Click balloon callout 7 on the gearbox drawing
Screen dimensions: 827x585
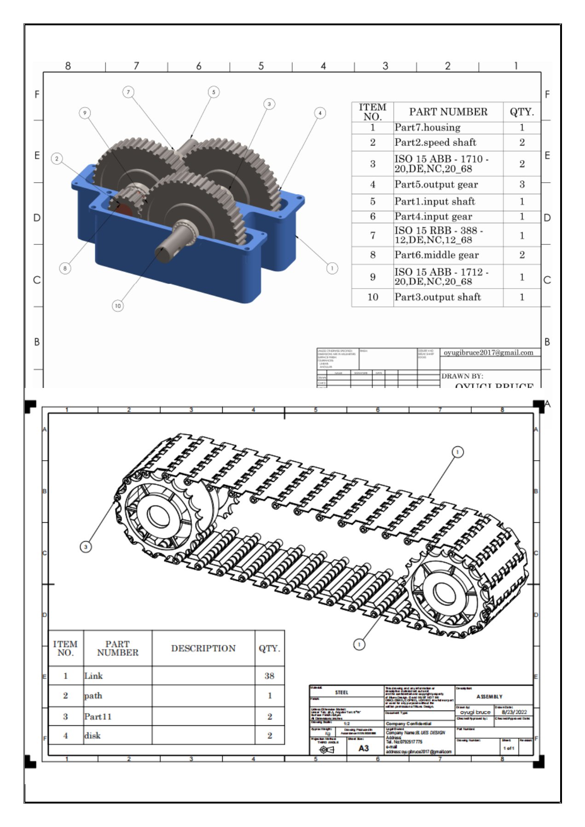point(128,92)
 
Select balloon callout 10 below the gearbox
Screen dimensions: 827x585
point(118,306)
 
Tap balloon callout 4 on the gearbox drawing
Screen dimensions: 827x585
point(320,113)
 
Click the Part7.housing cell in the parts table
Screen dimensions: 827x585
point(427,127)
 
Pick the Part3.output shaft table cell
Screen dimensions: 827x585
point(437,297)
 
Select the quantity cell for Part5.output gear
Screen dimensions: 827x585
point(521,185)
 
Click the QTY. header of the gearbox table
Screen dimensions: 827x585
point(521,112)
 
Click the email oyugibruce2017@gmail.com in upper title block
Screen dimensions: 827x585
point(488,353)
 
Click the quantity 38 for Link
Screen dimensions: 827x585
point(269,676)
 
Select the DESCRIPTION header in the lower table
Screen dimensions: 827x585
point(203,648)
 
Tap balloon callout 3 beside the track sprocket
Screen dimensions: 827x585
point(86,547)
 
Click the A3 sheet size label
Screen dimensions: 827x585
point(364,748)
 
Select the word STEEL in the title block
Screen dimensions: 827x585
point(342,692)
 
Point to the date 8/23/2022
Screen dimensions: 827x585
point(514,712)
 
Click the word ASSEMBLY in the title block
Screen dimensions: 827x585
point(489,696)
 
